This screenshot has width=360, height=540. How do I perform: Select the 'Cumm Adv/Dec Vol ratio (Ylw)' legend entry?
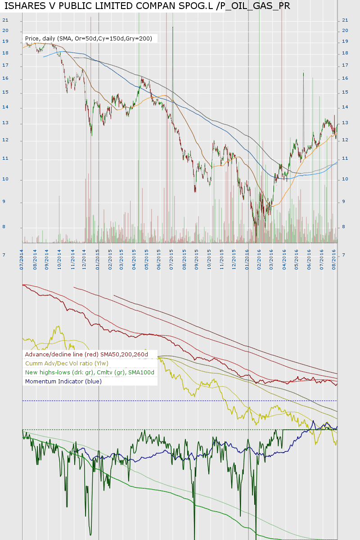[67, 363]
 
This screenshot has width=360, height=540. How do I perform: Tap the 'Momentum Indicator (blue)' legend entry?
[63, 381]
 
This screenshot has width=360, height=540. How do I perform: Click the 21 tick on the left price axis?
[5, 20]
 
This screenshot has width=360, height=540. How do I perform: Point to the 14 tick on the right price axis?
[345, 107]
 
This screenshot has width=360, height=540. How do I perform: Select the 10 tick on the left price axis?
[5, 180]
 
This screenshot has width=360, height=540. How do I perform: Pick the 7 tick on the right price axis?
[344, 255]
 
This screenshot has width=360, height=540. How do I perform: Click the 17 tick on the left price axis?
[5, 66]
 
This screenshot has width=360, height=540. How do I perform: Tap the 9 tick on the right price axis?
[344, 202]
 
